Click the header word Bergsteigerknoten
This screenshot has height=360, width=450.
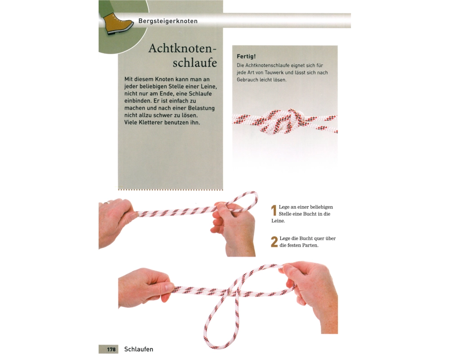(168, 21)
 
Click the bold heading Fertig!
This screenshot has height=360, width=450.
(246, 57)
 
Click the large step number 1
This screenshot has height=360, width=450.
(274, 211)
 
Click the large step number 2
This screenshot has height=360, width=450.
(274, 242)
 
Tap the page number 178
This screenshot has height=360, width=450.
(111, 349)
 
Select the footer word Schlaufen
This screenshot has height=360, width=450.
(139, 349)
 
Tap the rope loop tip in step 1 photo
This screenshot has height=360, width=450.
(256, 198)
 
